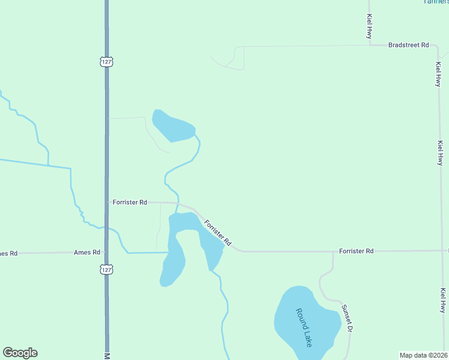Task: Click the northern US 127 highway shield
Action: tap(106, 61)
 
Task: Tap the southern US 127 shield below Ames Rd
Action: tap(106, 269)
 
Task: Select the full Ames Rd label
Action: tap(87, 253)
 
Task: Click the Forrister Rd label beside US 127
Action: tap(130, 203)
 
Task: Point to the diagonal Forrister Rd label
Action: tap(217, 233)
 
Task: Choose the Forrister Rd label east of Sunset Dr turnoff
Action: tap(356, 251)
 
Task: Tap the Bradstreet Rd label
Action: tap(408, 45)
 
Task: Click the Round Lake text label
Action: tap(304, 327)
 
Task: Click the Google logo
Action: tap(20, 353)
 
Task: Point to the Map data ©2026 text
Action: tap(424, 355)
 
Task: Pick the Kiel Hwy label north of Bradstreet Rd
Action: tap(369, 28)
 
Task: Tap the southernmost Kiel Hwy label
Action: tap(443, 301)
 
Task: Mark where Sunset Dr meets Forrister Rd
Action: tap(333, 251)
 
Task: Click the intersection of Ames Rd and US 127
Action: tap(106, 253)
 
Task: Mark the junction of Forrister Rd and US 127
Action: tap(107, 203)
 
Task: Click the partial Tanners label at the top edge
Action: tap(436, 2)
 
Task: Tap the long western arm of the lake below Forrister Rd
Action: tap(173, 261)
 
